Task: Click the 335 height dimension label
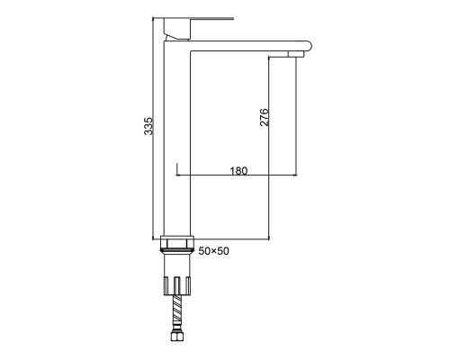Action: click(148, 126)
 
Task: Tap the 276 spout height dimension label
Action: click(264, 117)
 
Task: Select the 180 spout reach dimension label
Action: click(238, 171)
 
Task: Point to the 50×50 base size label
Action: click(213, 251)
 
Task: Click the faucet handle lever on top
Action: click(198, 19)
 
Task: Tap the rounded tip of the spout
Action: click(310, 46)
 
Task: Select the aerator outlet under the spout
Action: click(296, 54)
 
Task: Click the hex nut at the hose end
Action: click(176, 336)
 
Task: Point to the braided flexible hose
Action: click(177, 313)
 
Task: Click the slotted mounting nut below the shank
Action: click(177, 286)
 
